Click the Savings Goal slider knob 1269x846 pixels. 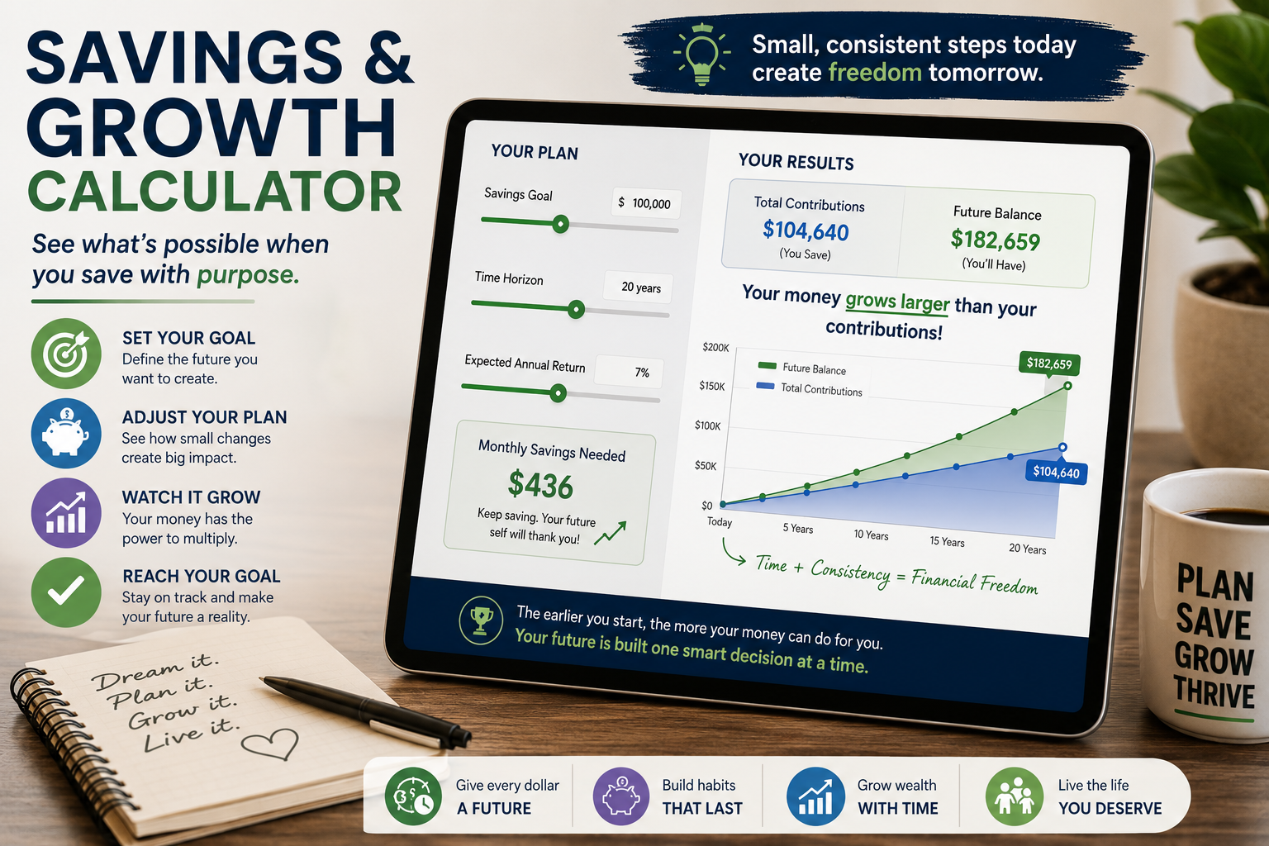click(x=560, y=224)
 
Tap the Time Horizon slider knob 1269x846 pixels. click(x=576, y=309)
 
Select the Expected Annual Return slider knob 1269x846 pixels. click(x=558, y=392)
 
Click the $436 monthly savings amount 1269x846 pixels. click(x=540, y=485)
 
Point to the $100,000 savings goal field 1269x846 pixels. click(x=646, y=203)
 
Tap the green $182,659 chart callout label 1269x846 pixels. click(x=1049, y=364)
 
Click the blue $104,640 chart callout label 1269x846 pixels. click(x=1056, y=472)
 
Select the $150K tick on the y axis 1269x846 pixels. click(x=711, y=386)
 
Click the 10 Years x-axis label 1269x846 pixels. click(x=871, y=535)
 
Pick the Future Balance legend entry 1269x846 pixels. click(x=801, y=368)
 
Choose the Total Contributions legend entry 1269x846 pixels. click(x=810, y=389)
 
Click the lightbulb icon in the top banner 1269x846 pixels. click(x=702, y=55)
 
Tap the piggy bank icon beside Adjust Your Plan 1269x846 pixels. click(x=66, y=434)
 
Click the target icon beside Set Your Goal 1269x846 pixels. click(x=66, y=354)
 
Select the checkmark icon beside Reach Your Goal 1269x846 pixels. click(x=66, y=592)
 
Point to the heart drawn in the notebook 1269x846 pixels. click(x=271, y=743)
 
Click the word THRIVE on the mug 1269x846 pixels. click(x=1214, y=695)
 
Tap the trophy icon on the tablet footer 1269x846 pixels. click(x=480, y=620)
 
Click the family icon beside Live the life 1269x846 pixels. click(x=1014, y=796)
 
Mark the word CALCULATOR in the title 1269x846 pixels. click(x=216, y=191)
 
